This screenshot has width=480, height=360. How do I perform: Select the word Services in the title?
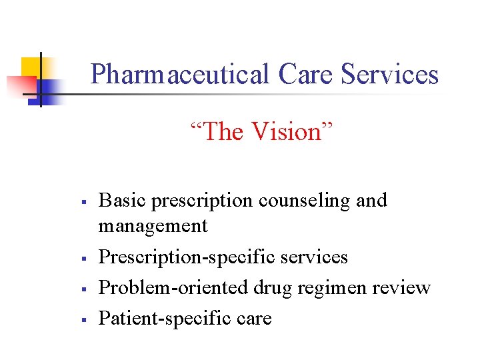[x=389, y=74]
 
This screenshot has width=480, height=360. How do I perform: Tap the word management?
[x=153, y=226]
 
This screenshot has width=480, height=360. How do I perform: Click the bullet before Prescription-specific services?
[x=80, y=257]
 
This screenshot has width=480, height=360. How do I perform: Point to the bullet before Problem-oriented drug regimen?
[x=80, y=288]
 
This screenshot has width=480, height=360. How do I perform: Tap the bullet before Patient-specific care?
[x=80, y=319]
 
